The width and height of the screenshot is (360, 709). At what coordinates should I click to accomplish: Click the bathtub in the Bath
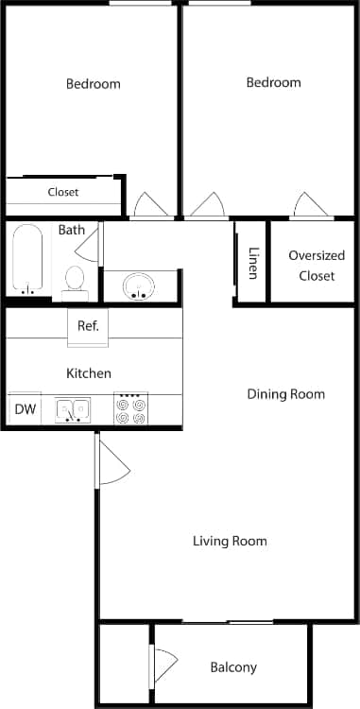click(26, 259)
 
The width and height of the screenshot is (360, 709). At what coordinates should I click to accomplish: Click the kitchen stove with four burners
click(130, 408)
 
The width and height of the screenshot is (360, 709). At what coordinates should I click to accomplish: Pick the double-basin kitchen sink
click(73, 409)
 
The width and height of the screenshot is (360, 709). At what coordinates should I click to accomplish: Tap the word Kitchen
click(89, 373)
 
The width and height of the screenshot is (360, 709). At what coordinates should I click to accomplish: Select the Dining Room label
click(285, 393)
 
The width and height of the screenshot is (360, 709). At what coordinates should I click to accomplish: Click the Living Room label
click(230, 541)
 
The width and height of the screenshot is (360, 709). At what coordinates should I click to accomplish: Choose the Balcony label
click(232, 667)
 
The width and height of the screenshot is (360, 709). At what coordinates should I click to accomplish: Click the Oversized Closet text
click(317, 266)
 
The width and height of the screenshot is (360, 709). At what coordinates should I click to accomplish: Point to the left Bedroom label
click(93, 83)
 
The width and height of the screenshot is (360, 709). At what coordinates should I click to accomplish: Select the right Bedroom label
click(273, 82)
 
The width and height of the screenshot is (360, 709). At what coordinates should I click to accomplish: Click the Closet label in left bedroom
click(63, 192)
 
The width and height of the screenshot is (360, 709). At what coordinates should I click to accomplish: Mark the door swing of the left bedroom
click(149, 205)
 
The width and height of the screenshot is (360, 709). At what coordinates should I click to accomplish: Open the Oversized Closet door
click(310, 205)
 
